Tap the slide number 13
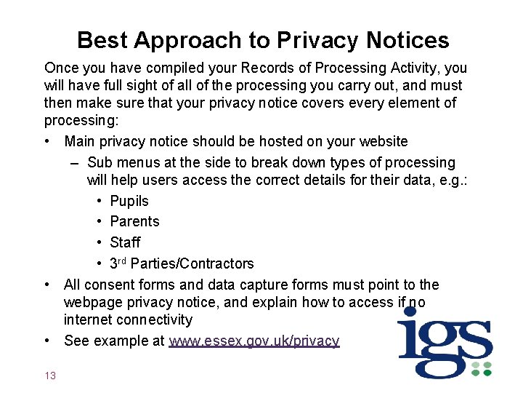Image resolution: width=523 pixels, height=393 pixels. [50, 376]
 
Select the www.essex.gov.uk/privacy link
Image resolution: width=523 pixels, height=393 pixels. [254, 341]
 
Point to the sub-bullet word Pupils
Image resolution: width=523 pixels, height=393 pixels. [129, 201]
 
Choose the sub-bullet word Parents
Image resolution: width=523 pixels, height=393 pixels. [134, 221]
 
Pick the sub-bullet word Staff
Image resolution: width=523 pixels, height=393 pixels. [125, 242]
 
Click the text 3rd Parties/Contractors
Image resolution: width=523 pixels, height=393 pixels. [182, 263]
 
